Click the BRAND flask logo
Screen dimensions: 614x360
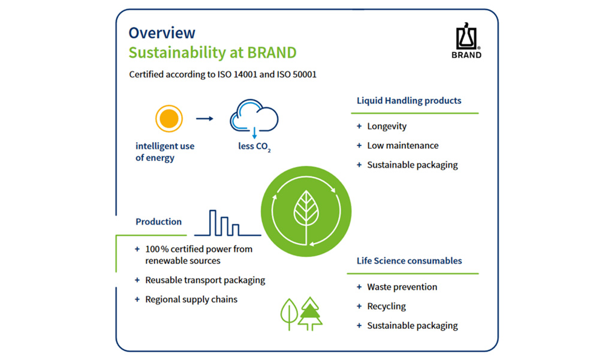point(466,40)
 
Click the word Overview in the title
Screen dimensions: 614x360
point(162,33)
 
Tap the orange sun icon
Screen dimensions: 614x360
point(168,118)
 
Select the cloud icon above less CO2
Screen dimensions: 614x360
point(254,116)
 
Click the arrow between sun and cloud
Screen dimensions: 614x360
point(205,118)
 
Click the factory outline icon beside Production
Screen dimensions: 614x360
point(227,223)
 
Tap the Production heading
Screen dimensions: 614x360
point(158,222)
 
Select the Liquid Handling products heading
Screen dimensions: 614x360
point(409,101)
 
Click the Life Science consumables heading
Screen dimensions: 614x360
point(409,261)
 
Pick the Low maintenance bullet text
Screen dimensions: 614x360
point(403,145)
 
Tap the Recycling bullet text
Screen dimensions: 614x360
point(387,307)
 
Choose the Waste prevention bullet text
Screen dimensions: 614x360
point(402,287)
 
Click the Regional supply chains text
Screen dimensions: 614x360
point(191,299)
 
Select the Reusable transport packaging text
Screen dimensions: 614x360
point(205,280)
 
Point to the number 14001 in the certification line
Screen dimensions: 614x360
point(245,74)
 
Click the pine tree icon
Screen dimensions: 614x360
point(310,314)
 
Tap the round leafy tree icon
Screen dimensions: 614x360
point(290,314)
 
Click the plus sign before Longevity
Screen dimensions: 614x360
point(359,126)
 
